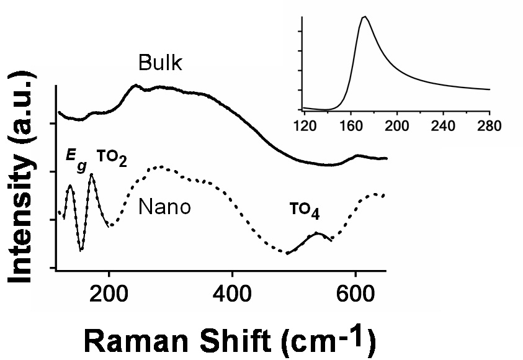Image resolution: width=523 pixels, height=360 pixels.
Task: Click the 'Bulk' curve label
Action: [160, 64]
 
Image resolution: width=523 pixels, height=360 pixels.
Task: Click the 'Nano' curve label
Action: [164, 207]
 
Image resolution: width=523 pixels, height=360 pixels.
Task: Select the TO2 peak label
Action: [112, 159]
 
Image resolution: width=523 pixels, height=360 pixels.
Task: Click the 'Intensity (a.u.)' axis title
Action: [23, 177]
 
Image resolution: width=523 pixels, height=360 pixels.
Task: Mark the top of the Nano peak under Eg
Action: [70, 185]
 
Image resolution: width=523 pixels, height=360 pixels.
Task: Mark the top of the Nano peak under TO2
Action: [92, 174]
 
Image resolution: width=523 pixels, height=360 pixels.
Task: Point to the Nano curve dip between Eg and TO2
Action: [81, 250]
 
